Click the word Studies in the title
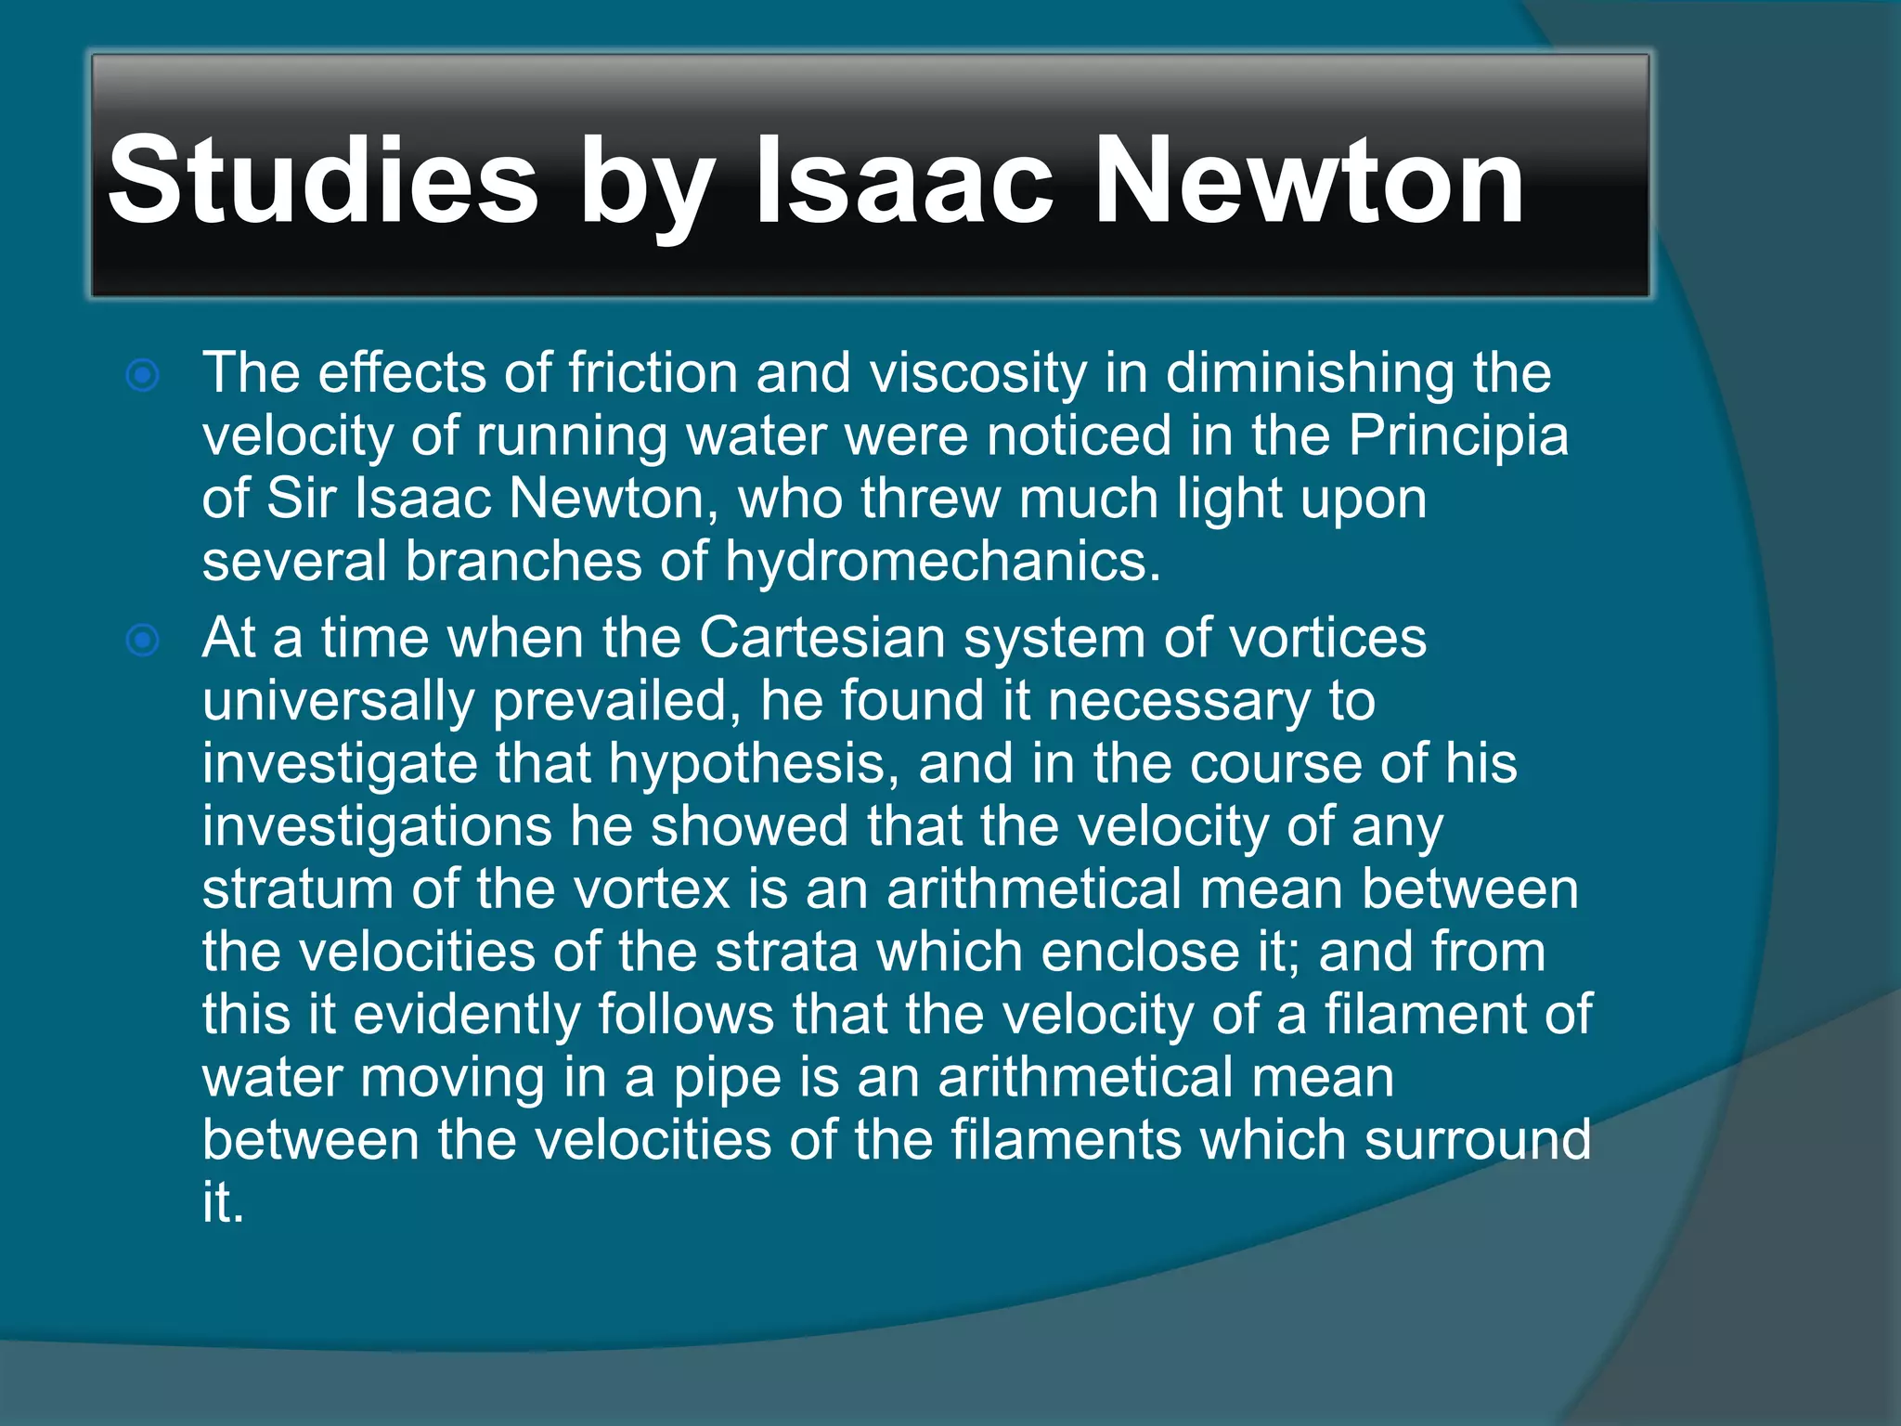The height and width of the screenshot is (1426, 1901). [322, 180]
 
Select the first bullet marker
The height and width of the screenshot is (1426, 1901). [143, 376]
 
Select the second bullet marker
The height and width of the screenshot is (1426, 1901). [143, 641]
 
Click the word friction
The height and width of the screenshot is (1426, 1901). [653, 373]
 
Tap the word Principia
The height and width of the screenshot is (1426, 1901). [1457, 436]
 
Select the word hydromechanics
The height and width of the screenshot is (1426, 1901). [942, 562]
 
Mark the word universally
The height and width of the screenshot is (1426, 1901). [338, 702]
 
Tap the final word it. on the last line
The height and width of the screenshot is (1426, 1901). [223, 1203]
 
